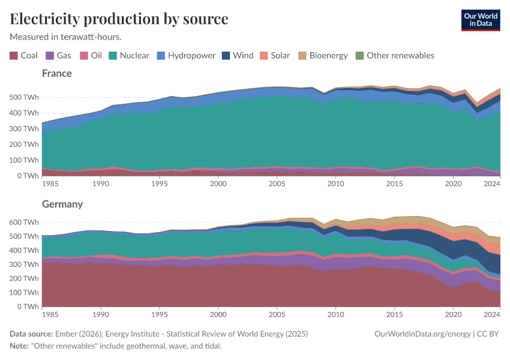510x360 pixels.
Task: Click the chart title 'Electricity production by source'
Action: point(119,19)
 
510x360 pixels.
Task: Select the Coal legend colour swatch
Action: point(14,56)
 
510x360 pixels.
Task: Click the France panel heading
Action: point(57,73)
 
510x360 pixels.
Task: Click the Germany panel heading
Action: point(62,204)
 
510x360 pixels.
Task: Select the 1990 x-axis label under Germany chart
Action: point(100,314)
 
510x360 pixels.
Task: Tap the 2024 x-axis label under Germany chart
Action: point(491,314)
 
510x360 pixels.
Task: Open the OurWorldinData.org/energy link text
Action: point(422,334)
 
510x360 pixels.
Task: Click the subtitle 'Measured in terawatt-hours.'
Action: point(66,37)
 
